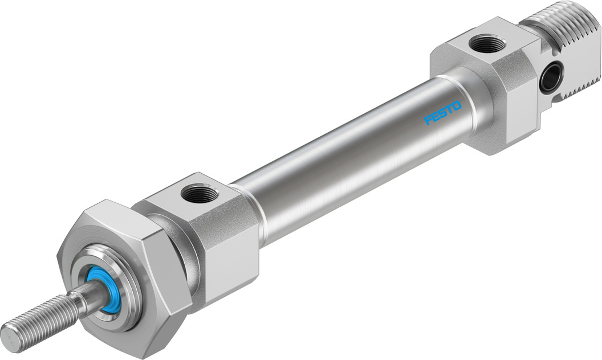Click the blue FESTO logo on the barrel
[x=444, y=112]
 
